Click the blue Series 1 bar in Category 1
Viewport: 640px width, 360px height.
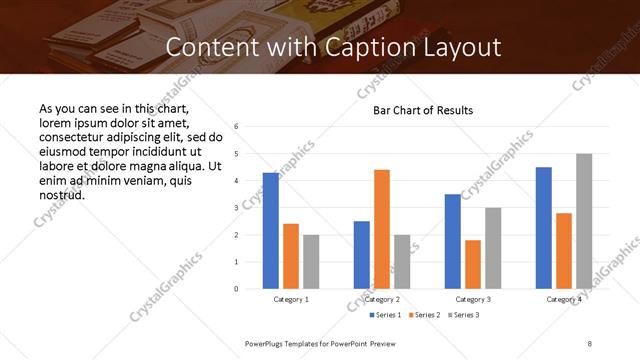(271, 231)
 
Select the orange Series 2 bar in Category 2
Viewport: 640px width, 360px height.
(382, 229)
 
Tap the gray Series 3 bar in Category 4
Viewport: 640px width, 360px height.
(584, 221)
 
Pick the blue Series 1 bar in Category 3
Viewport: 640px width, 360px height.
(453, 241)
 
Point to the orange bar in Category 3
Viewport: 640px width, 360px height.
(473, 264)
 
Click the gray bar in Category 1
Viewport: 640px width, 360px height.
(311, 262)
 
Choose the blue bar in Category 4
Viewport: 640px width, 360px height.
(544, 228)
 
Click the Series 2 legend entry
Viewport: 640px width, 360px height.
(424, 315)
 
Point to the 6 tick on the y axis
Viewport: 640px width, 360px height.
(236, 127)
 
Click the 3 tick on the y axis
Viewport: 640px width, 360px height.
(236, 208)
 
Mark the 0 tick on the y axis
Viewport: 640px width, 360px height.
(236, 289)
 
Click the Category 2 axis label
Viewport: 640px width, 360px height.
(382, 299)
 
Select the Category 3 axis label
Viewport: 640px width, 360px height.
(473, 299)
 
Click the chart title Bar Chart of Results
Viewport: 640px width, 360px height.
(423, 110)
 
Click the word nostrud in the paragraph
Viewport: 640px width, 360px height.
(62, 195)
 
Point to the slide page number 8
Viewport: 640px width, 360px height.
(590, 343)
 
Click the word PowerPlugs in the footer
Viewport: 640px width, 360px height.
(267, 343)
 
